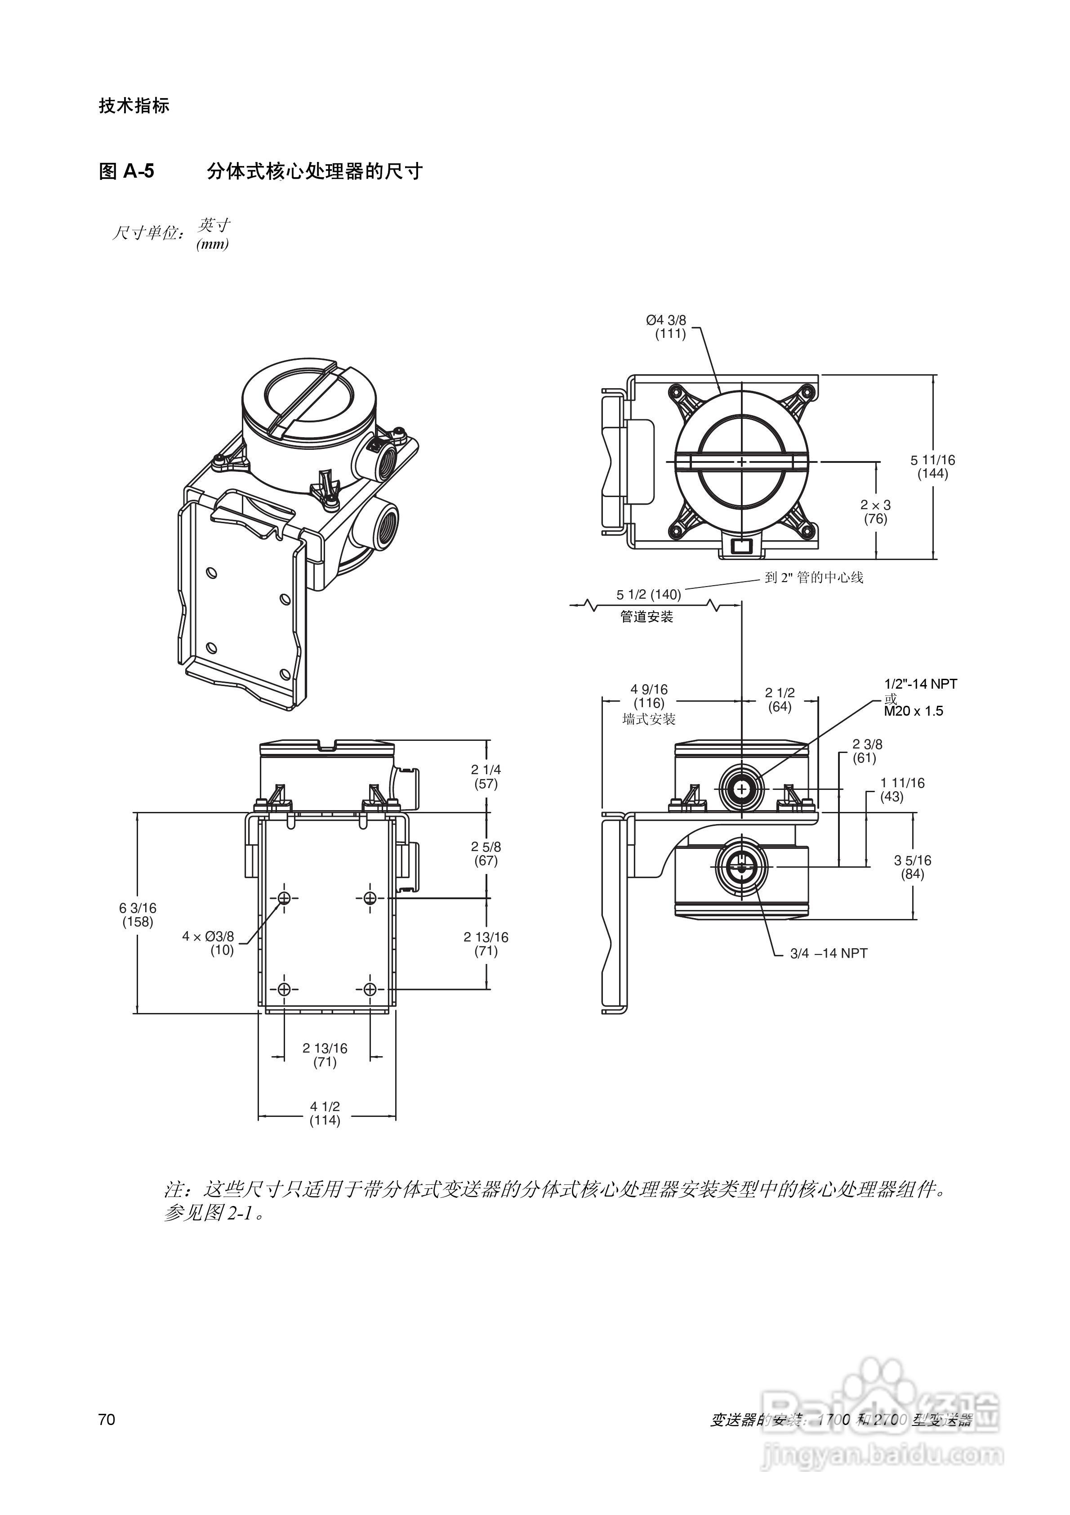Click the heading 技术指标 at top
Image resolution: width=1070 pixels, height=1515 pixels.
point(134,106)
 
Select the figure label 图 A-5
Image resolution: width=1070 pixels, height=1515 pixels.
point(127,171)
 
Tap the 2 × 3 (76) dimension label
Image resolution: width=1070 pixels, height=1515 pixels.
point(875,512)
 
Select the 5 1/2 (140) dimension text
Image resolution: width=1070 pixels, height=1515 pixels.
point(648,595)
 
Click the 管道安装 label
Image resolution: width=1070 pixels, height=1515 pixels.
point(646,617)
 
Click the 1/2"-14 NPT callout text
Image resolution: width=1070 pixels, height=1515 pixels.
point(920,684)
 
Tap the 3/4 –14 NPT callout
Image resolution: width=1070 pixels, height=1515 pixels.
point(829,954)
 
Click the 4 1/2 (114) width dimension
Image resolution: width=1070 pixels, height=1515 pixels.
point(325,1114)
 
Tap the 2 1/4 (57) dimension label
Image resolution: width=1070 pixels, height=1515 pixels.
point(486,777)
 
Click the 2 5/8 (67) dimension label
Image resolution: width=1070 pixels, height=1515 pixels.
point(486,854)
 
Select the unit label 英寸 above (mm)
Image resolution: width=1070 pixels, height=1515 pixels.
point(214,225)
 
